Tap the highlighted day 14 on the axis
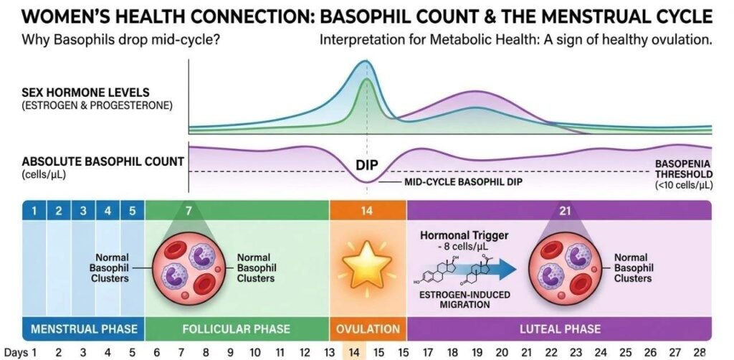coord(355,352)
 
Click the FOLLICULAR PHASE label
coord(237,329)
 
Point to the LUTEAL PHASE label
coord(559,329)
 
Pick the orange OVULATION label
coord(368,329)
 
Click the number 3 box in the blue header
coord(83,211)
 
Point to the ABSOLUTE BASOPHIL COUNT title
coord(103,161)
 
